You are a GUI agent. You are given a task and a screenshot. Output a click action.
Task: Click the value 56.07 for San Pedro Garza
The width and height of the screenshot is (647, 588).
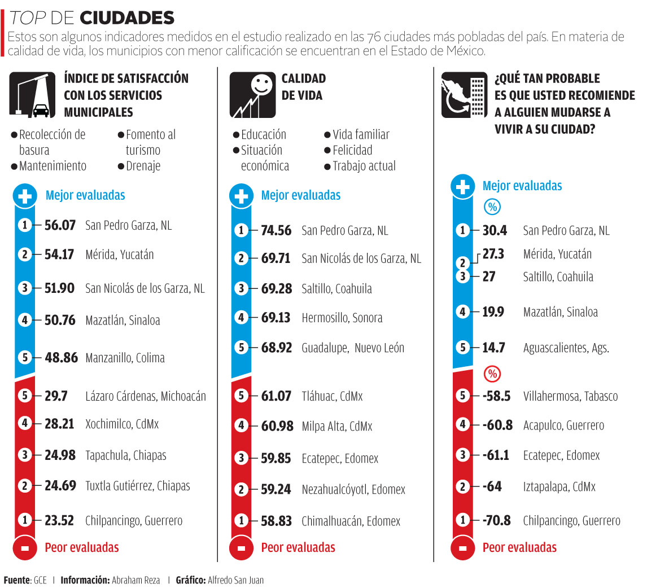coord(60,225)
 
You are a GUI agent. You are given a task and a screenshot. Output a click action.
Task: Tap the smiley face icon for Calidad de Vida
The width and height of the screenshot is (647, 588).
coord(252,95)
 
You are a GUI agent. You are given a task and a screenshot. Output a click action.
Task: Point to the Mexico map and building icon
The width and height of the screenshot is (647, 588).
coord(464,95)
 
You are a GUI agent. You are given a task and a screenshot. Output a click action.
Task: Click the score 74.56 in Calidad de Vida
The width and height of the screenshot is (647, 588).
coord(276,230)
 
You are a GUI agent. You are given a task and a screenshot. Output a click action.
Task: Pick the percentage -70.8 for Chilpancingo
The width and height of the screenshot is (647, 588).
coord(497,520)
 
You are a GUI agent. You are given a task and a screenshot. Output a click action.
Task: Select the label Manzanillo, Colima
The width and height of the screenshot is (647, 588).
coord(125,358)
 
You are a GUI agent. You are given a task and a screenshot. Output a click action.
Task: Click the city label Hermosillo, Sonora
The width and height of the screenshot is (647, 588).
coord(342,318)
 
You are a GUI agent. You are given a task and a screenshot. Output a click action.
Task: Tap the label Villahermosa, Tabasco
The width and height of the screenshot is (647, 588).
coord(570,396)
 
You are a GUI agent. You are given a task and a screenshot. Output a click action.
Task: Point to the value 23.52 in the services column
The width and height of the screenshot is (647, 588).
coord(59,520)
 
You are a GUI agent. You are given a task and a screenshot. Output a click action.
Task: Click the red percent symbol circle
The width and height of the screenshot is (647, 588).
coord(493,374)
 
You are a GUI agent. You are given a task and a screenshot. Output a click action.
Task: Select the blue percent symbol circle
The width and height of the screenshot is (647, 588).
coord(493,208)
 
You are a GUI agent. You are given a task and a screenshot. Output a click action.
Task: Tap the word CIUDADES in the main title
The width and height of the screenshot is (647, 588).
coord(127,18)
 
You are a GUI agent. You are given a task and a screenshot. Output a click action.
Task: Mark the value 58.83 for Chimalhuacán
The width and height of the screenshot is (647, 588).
coord(276,521)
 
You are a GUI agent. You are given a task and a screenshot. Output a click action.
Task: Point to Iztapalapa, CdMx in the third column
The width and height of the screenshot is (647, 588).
coord(559,486)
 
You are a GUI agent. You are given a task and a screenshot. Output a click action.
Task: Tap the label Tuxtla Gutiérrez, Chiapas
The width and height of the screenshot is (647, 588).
coord(137,486)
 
